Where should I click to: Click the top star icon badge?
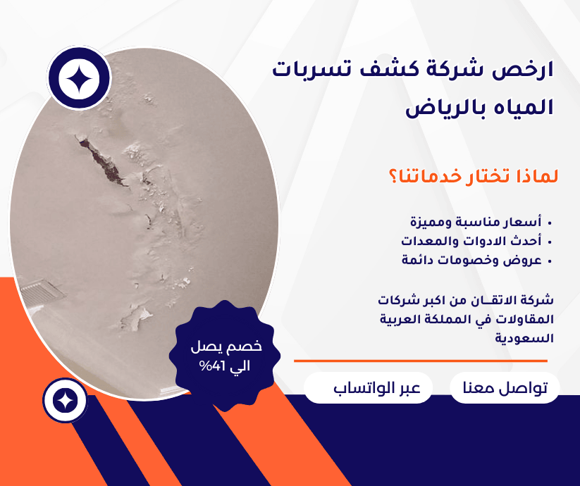(79, 78)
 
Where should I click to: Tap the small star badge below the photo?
(66, 401)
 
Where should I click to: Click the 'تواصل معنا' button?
(505, 387)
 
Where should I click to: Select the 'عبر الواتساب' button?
(368, 387)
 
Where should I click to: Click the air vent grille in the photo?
(42, 292)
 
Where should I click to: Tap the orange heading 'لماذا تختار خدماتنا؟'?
(473, 176)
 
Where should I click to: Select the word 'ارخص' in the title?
(522, 70)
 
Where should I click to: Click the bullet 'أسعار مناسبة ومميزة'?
(476, 222)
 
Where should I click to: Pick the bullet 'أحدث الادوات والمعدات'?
(471, 241)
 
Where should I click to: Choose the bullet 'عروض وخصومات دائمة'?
(471, 260)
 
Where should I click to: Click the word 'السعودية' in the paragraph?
(524, 338)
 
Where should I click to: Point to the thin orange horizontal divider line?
(421, 361)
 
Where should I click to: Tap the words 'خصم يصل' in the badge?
(226, 347)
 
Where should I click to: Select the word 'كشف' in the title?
(386, 70)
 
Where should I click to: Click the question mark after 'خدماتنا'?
(393, 177)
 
